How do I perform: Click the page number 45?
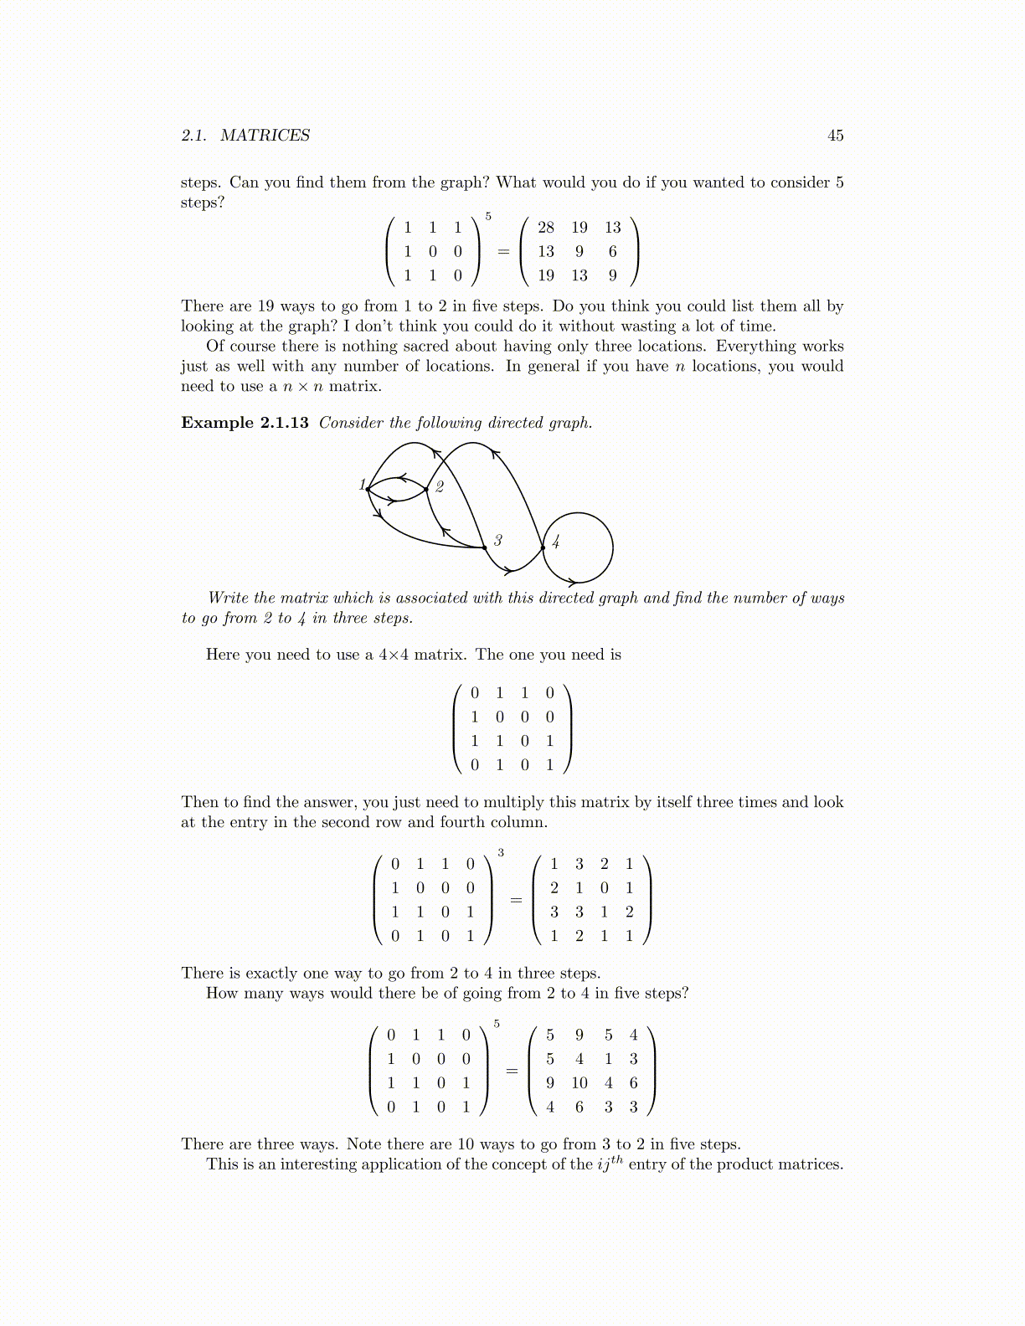point(835,136)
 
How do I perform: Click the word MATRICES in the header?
point(265,136)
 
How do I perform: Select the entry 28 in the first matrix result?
point(546,228)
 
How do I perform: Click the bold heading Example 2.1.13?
point(245,423)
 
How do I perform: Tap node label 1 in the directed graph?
point(362,485)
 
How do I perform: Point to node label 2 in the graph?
point(440,487)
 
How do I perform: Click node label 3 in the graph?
point(497,541)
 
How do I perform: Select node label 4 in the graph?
point(555,542)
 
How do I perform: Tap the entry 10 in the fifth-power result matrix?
point(579,1083)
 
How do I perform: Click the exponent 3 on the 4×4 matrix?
point(501,853)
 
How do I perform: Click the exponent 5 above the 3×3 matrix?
point(488,217)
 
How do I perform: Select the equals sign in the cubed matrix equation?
point(516,901)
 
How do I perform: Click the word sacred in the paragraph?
point(425,347)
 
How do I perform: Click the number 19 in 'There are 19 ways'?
point(265,306)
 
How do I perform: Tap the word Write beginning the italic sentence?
point(228,598)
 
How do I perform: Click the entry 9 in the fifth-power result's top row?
point(579,1036)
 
